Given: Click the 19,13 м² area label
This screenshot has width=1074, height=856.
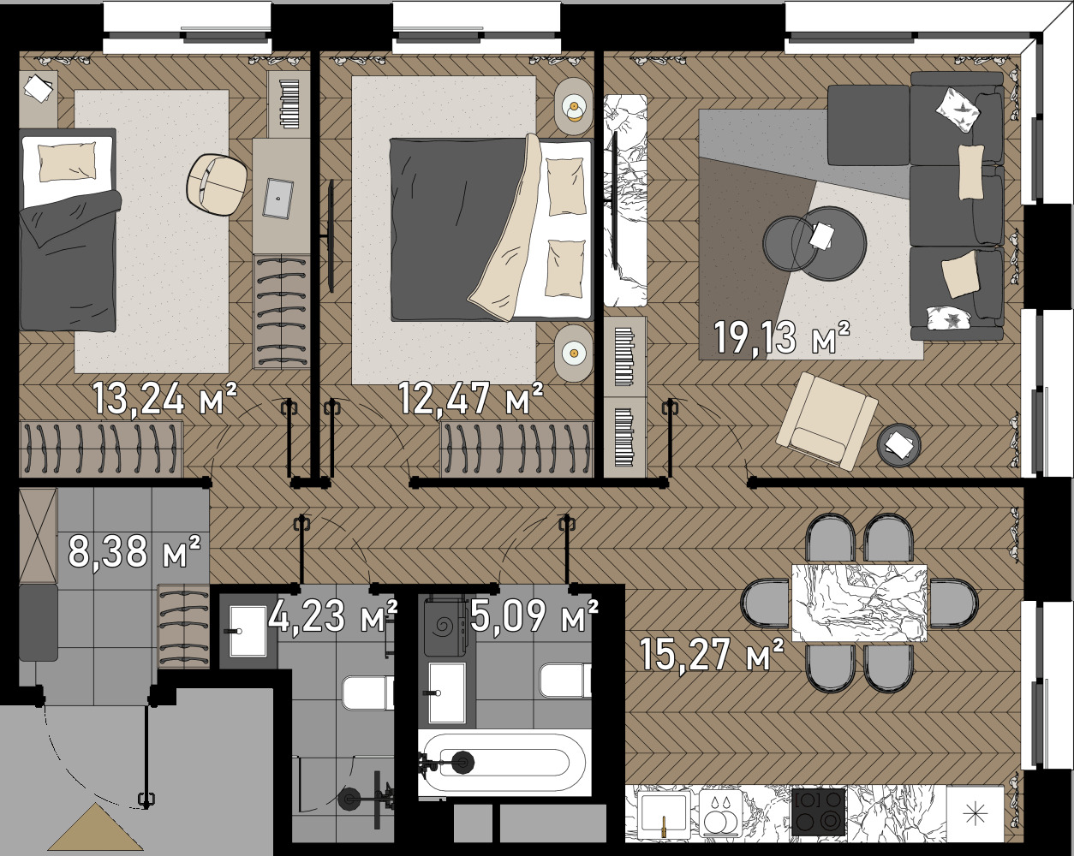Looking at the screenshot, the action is [x=782, y=338].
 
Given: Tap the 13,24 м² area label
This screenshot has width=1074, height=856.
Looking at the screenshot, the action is [x=164, y=397].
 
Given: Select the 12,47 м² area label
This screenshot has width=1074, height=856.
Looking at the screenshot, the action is [x=471, y=397].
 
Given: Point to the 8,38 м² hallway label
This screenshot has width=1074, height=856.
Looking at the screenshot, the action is [x=134, y=551].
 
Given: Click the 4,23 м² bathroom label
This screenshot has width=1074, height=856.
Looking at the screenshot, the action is [x=332, y=615].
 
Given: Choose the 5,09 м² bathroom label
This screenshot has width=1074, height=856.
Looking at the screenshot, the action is [x=534, y=615].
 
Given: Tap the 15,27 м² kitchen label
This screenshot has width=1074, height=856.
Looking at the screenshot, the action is [x=712, y=655].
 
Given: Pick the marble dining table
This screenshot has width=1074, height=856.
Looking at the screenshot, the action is [x=859, y=603].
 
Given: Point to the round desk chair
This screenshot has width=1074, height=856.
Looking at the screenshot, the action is [x=217, y=185].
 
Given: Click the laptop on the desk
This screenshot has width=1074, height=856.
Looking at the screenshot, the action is [x=278, y=198].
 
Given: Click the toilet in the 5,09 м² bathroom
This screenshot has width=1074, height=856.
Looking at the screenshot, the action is [x=566, y=680].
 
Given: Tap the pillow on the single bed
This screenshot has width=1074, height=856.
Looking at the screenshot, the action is [x=68, y=162].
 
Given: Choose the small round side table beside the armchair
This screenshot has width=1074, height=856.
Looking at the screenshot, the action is [x=899, y=444].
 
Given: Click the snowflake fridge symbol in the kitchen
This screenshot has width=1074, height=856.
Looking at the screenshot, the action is [x=976, y=815].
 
